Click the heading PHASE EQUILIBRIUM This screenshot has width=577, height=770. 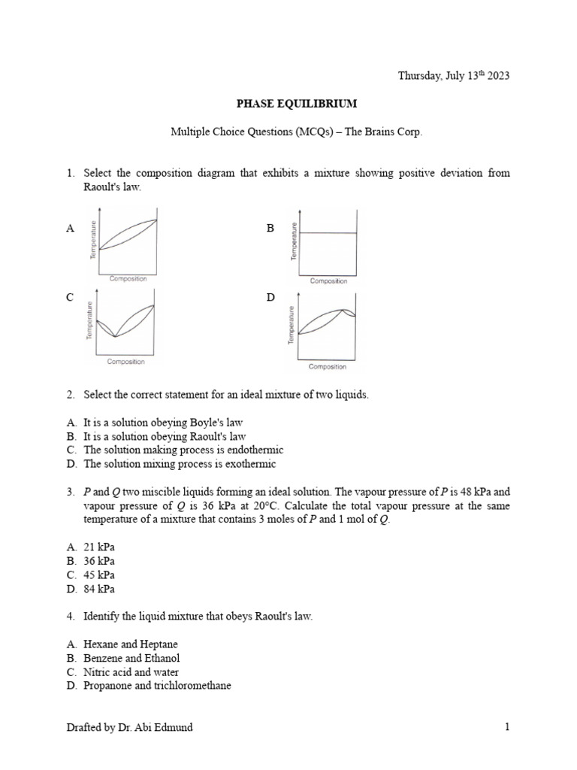(288, 103)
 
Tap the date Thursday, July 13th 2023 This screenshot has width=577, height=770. (453, 75)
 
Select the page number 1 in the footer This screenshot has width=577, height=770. (507, 727)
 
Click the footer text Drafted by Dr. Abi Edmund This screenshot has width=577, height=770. (129, 727)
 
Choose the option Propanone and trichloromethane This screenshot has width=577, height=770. (157, 686)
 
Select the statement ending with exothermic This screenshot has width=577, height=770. (180, 464)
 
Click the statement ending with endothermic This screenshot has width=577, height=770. (183, 450)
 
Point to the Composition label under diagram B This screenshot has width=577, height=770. (328, 281)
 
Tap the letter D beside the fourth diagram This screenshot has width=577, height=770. (270, 298)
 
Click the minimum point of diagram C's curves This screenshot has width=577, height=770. (114, 337)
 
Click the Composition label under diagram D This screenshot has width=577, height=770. (328, 367)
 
